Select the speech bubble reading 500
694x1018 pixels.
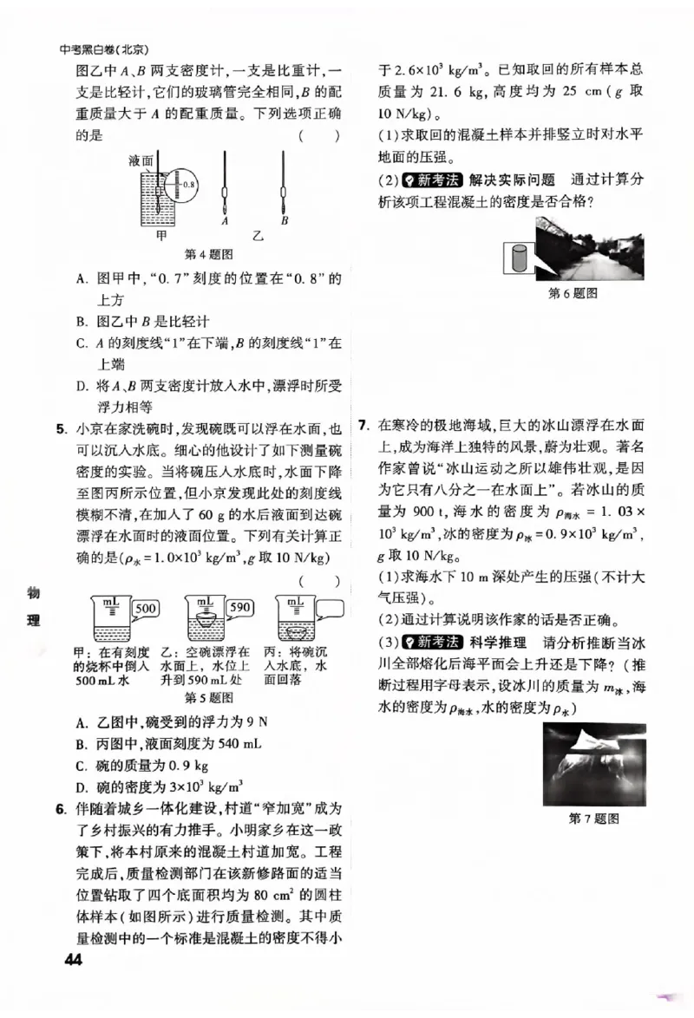146,609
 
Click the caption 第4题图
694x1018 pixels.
210,255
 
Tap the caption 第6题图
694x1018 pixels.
573,295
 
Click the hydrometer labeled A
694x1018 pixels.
224,186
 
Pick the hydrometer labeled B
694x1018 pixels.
284,186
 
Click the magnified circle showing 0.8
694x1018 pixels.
183,185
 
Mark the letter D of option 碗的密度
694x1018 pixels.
82,787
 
